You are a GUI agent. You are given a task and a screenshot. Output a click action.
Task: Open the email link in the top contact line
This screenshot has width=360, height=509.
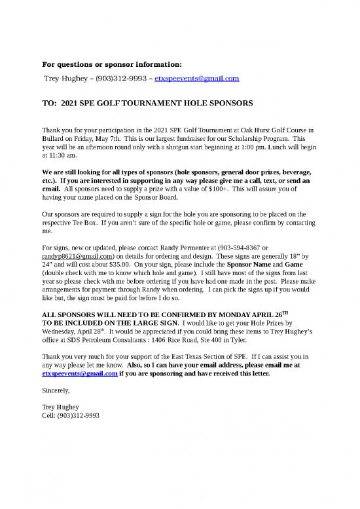(x=197, y=78)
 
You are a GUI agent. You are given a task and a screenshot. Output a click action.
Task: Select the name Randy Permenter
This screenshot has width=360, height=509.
(x=179, y=248)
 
